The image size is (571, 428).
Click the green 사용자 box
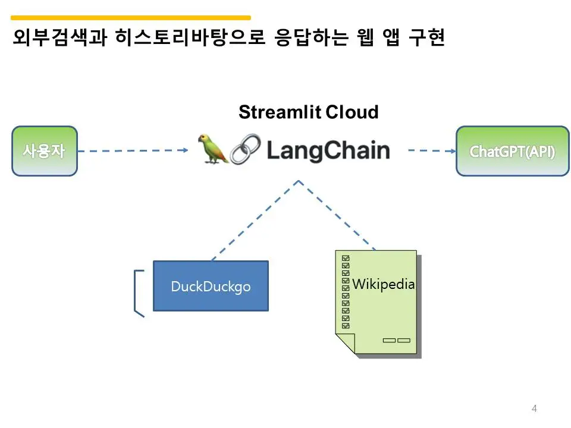click(x=45, y=151)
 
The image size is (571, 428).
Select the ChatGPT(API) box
click(x=512, y=151)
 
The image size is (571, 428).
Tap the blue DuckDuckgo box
click(x=211, y=286)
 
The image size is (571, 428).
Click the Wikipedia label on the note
click(x=383, y=284)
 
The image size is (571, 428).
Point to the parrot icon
click(x=214, y=149)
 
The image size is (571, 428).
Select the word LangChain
click(x=328, y=150)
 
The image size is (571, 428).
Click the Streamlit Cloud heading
click(x=308, y=112)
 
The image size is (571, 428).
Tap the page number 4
click(x=534, y=408)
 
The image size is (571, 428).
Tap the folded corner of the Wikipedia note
click(x=345, y=343)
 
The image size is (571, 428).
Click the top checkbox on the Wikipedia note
click(x=346, y=259)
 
